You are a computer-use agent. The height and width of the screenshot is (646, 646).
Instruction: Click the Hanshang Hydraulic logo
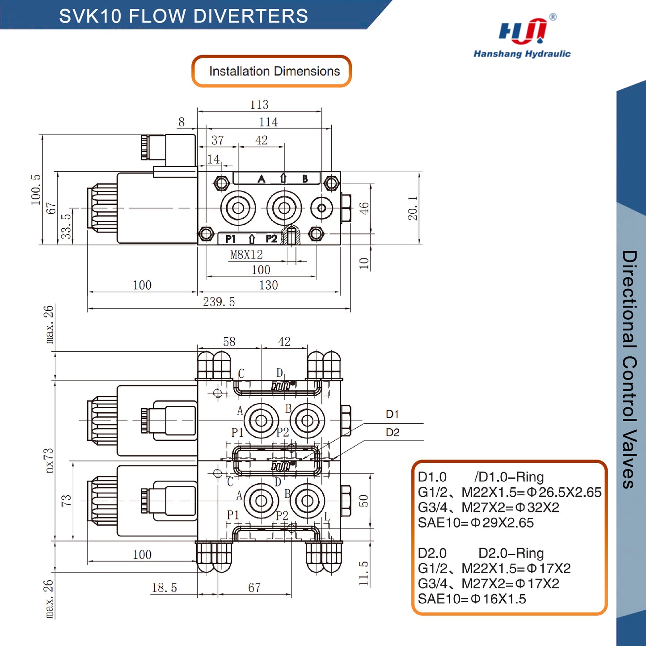[522, 38]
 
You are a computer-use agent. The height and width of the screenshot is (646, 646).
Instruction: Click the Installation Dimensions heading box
[272, 71]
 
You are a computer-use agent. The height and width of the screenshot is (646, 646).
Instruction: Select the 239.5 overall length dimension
[219, 302]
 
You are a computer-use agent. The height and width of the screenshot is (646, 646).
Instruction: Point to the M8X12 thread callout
[246, 255]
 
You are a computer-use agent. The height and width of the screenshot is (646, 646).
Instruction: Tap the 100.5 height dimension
[36, 190]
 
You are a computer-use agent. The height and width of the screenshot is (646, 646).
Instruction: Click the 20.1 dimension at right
[412, 208]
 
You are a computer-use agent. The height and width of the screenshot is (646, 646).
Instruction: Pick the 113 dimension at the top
[259, 105]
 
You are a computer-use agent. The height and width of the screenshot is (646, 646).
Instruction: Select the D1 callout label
[392, 414]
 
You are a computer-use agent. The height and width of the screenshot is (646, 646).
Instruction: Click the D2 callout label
[392, 432]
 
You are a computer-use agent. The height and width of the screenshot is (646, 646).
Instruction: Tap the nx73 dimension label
[49, 460]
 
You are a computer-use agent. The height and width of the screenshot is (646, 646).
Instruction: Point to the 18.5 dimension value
[164, 588]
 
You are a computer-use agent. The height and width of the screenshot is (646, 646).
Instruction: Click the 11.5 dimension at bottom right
[363, 574]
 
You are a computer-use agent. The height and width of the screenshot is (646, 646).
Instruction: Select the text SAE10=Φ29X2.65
[476, 523]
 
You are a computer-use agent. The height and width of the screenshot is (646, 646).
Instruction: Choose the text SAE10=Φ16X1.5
[472, 599]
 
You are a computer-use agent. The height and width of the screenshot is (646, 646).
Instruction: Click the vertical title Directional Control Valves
[629, 369]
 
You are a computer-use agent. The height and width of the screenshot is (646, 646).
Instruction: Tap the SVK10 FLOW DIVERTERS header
[183, 16]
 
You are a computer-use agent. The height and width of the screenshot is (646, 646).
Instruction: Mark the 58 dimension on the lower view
[229, 342]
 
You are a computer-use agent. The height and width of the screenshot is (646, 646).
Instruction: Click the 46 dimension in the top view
[364, 208]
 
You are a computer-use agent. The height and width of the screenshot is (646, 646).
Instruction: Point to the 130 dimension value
[268, 285]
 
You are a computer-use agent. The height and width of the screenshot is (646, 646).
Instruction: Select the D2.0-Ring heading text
[511, 553]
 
